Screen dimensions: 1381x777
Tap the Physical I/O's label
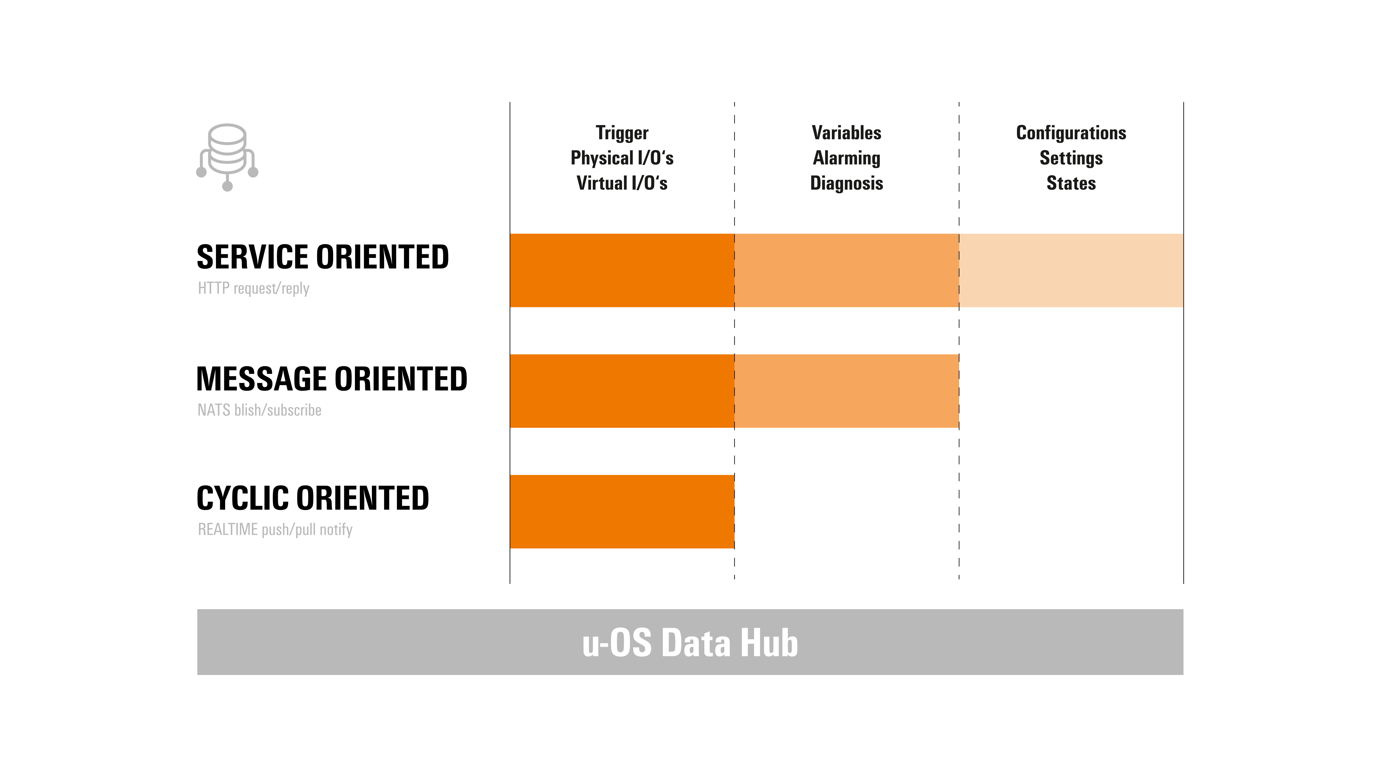(622, 158)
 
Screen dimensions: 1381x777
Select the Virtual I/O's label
(622, 183)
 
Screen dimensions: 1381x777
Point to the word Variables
(847, 132)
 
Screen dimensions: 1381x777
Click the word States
(1071, 183)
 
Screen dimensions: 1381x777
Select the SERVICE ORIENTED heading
(323, 257)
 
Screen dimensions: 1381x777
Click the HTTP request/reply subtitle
(254, 289)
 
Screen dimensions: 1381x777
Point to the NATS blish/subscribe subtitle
(259, 410)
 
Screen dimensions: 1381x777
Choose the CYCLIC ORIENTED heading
(313, 498)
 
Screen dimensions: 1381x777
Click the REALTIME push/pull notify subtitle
(275, 530)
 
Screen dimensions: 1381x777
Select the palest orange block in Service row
(1071, 270)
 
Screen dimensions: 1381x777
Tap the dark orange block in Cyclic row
(622, 512)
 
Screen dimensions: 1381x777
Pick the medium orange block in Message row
(847, 391)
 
